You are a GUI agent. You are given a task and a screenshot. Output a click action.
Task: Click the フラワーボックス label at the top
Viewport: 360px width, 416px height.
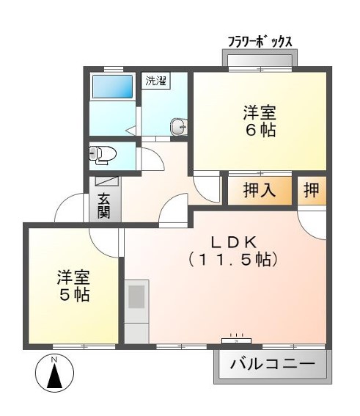[x=260, y=41]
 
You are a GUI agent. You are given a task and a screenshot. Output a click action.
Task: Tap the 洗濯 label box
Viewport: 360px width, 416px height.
[x=155, y=81]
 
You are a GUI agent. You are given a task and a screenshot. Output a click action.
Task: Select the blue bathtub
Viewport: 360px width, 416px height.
[x=112, y=87]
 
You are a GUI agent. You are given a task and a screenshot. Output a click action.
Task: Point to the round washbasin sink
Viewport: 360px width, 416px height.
[x=179, y=127]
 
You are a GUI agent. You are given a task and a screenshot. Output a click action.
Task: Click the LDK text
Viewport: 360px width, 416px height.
[x=233, y=241]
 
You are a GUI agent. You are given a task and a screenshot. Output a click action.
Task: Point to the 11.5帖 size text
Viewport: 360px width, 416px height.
[x=233, y=259]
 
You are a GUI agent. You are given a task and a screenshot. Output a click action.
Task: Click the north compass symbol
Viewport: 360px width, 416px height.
[x=54, y=373]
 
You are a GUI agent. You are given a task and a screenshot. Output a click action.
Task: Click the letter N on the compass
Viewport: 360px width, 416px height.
[x=54, y=360]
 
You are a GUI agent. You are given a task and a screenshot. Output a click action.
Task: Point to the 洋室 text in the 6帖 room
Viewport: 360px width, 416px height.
[x=260, y=114]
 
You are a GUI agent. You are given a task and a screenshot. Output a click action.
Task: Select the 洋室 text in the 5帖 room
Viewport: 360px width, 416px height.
[x=74, y=277]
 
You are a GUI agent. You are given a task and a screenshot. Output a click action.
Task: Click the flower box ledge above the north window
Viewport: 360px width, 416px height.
[x=260, y=59]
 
